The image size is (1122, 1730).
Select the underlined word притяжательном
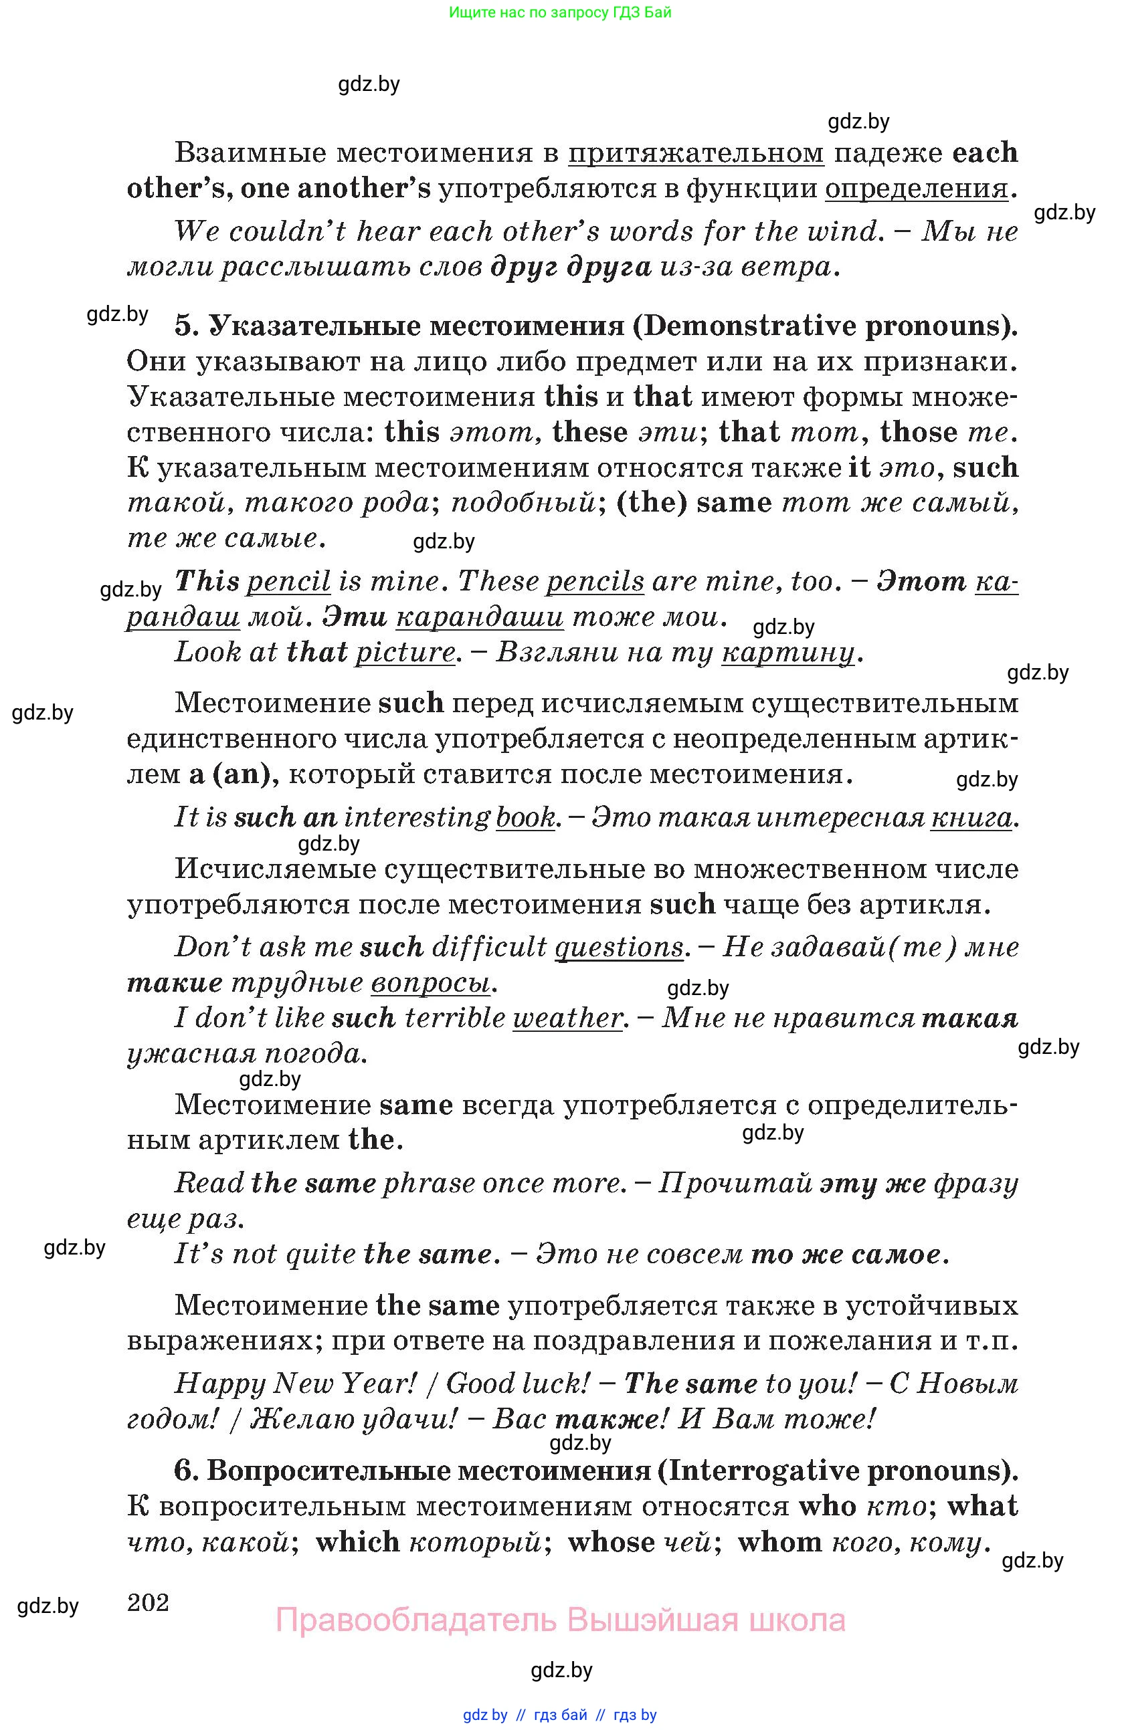[695, 153]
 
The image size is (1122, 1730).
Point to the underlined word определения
[916, 189]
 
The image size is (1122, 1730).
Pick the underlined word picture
[404, 651]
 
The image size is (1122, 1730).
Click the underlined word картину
[787, 653]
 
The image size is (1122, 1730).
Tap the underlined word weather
[567, 1018]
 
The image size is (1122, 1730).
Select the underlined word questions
[618, 947]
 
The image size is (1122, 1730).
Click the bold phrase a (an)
[233, 774]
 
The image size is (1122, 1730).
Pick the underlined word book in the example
[525, 818]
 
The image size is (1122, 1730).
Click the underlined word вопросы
[430, 983]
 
